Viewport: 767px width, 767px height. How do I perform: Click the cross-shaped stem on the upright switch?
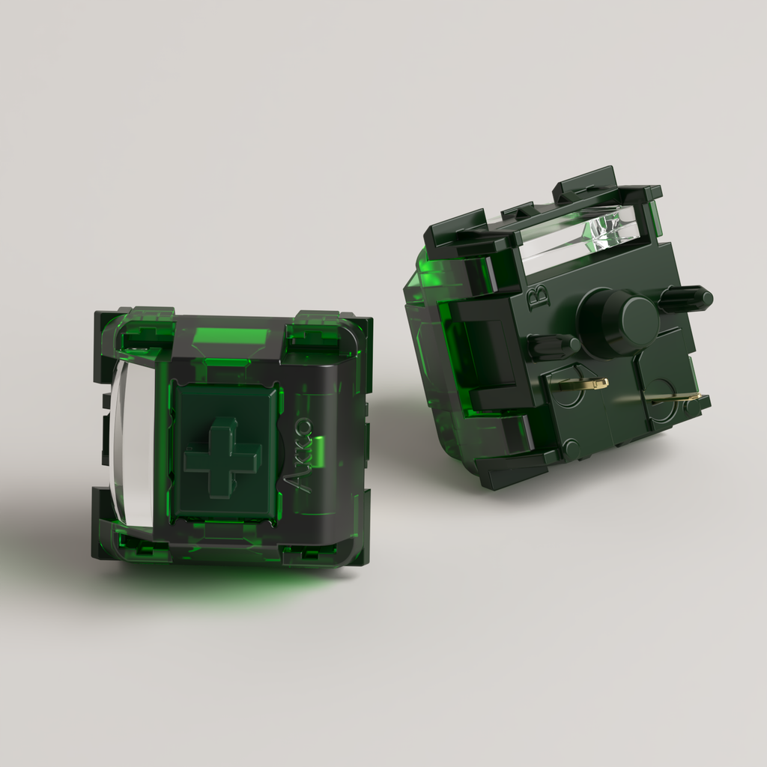[222, 458]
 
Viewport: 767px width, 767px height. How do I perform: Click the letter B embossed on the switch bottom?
[539, 295]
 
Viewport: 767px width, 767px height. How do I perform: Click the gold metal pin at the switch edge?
[676, 400]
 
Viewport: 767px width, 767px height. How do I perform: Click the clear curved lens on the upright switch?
[128, 445]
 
